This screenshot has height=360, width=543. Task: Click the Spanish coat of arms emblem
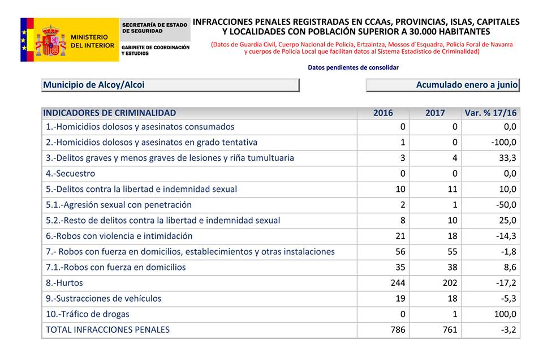tap(50, 40)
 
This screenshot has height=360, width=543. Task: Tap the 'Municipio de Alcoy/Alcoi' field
tap(170, 85)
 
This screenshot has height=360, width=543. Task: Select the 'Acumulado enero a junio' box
tap(442, 85)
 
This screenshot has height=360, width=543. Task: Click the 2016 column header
tap(383, 113)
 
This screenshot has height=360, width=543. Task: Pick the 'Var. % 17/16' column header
tap(490, 113)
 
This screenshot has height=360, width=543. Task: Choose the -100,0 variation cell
tap(503, 142)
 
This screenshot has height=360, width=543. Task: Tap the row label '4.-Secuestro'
tap(70, 174)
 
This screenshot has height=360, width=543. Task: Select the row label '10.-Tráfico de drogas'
tap(87, 314)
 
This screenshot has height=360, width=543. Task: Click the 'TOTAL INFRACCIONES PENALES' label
tap(107, 329)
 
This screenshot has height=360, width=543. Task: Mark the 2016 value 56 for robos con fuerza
tap(400, 251)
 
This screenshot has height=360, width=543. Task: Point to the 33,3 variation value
tap(507, 158)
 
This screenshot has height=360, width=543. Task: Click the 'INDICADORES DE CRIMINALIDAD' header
tap(110, 113)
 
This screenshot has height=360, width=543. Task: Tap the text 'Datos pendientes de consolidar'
tap(353, 67)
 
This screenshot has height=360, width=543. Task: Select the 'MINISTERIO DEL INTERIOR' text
tap(92, 41)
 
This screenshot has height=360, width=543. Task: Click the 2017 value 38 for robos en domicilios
tap(453, 267)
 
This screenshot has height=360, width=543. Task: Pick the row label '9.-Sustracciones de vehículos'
tap(104, 298)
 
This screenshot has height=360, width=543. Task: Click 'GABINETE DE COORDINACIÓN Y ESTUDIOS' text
tap(156, 50)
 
